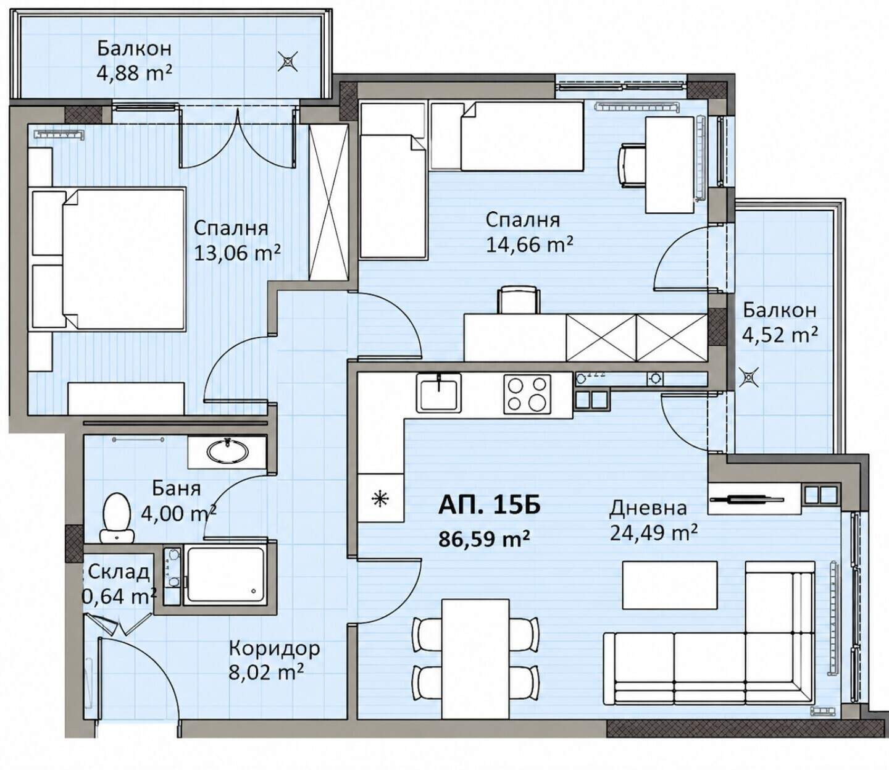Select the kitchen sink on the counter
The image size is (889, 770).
438,392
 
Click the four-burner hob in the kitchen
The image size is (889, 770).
527,394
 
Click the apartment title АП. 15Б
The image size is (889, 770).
489,505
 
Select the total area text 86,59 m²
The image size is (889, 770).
484,538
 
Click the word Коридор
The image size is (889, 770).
274,647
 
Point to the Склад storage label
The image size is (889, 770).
119,572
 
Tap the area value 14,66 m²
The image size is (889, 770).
530,245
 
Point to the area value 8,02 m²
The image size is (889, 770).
267,672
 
